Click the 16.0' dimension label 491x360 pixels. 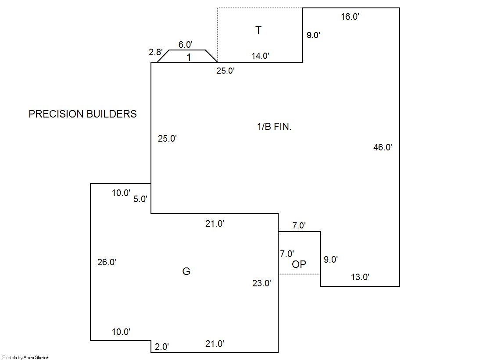pyautogui.click(x=350, y=17)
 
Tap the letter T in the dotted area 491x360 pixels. pyautogui.click(x=258, y=30)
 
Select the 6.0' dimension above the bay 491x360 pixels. pyautogui.click(x=185, y=45)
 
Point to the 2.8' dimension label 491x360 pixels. pyautogui.click(x=156, y=52)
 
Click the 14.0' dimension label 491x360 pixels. pyautogui.click(x=260, y=56)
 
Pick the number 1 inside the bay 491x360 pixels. pyautogui.click(x=189, y=57)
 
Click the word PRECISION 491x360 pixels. pyautogui.click(x=56, y=114)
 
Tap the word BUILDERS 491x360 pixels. pyautogui.click(x=111, y=114)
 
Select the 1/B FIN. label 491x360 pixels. pyautogui.click(x=274, y=126)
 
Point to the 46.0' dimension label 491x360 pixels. pyautogui.click(x=383, y=147)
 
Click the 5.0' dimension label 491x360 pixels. pyautogui.click(x=140, y=199)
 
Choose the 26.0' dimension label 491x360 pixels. pyautogui.click(x=107, y=262)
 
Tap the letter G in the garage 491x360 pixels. pyautogui.click(x=186, y=271)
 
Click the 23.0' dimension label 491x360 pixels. pyautogui.click(x=262, y=283)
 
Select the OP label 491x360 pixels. pyautogui.click(x=299, y=264)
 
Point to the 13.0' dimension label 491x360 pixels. pyautogui.click(x=360, y=277)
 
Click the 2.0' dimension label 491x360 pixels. pyautogui.click(x=162, y=347)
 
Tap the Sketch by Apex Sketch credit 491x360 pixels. pyautogui.click(x=26, y=357)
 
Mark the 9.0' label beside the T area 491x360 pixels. pyautogui.click(x=313, y=35)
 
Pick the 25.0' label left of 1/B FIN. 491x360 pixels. pyautogui.click(x=167, y=139)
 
